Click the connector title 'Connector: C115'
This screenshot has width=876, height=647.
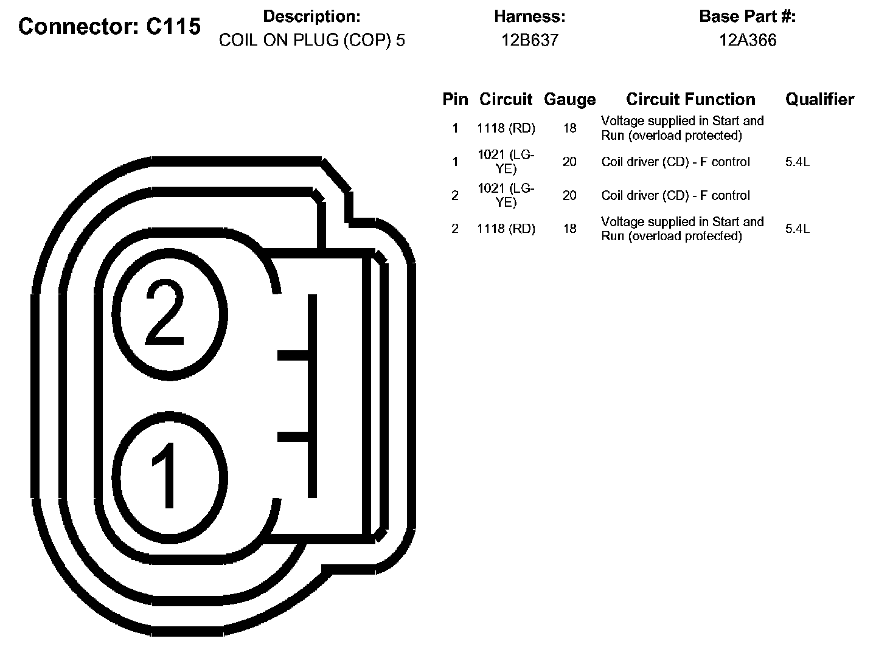[x=109, y=27]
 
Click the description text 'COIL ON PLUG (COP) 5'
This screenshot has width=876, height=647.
[x=312, y=40]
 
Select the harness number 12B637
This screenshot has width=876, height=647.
[x=530, y=40]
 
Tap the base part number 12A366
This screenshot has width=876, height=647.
[x=748, y=40]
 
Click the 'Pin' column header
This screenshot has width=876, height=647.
[x=455, y=99]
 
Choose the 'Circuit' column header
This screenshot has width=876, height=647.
[x=506, y=99]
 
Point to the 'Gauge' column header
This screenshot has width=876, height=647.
[x=569, y=99]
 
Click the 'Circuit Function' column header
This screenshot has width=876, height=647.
[x=690, y=99]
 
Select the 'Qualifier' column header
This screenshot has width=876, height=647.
[x=819, y=99]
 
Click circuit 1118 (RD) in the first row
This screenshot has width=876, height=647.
[x=506, y=128]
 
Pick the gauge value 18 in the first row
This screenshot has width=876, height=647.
[x=569, y=128]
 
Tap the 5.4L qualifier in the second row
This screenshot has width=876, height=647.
[x=798, y=162]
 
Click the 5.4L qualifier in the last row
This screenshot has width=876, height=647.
[x=798, y=229]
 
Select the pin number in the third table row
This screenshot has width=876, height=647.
[x=455, y=195]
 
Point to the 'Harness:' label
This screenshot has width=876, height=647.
[x=530, y=16]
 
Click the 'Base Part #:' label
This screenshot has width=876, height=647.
[x=748, y=16]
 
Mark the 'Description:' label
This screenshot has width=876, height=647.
[x=312, y=16]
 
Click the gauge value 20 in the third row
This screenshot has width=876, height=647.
[x=569, y=195]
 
